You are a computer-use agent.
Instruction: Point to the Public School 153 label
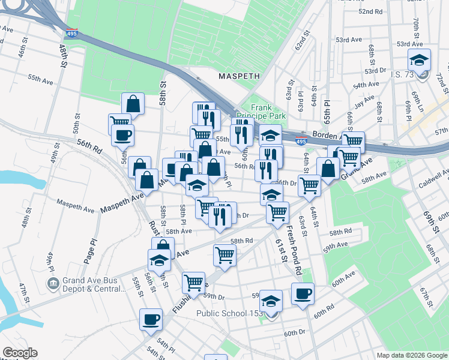tap(231, 313)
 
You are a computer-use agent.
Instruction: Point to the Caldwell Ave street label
tap(433, 178)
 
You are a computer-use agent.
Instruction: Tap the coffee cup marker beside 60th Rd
tap(303, 293)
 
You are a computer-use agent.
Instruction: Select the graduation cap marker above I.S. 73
tap(419, 59)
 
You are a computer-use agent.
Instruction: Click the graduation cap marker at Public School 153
tap(271, 300)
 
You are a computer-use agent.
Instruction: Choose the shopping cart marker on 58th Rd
tap(224, 254)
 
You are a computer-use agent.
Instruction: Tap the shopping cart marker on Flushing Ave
tap(193, 281)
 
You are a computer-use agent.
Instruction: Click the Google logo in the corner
tap(20, 353)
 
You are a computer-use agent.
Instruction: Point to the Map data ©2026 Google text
tap(411, 355)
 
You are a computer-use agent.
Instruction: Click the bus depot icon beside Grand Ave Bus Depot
tap(53, 282)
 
